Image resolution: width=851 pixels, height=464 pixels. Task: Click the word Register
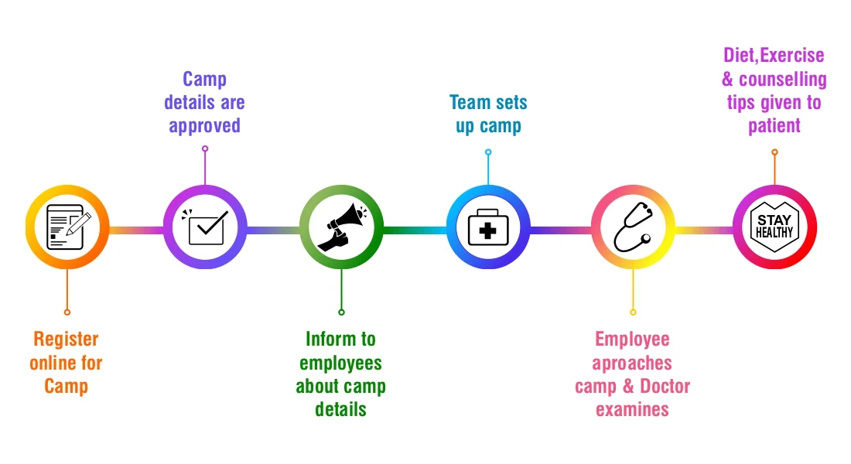(x=67, y=339)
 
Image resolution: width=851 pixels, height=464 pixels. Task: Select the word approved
(x=205, y=125)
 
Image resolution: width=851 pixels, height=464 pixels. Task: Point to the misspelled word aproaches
(x=633, y=363)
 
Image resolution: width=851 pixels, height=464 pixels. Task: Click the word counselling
(x=783, y=79)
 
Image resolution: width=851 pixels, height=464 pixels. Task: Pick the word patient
(x=774, y=125)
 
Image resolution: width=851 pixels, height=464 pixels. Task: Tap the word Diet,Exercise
(x=774, y=56)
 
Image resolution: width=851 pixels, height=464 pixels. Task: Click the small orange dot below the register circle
(x=67, y=312)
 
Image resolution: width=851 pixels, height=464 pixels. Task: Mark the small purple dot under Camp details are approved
(x=205, y=148)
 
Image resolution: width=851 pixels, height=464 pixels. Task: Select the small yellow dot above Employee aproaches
(x=633, y=312)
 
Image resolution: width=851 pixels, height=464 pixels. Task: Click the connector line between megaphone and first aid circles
(x=415, y=229)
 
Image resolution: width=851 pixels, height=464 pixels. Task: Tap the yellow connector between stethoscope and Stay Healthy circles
(x=704, y=229)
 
